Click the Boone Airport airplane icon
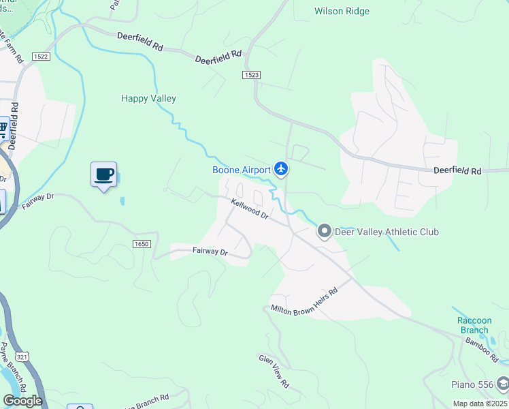[281, 168]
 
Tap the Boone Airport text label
[242, 170]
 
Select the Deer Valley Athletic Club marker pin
[325, 232]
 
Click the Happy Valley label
[148, 99]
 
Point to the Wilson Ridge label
[342, 11]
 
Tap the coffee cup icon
[103, 175]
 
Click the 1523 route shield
[251, 74]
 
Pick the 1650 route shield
[141, 244]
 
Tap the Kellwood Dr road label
[250, 208]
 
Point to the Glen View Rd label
[274, 371]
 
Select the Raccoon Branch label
[474, 325]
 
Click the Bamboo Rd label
[487, 350]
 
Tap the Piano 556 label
[472, 384]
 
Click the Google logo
[22, 401]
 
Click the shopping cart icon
[3, 127]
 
